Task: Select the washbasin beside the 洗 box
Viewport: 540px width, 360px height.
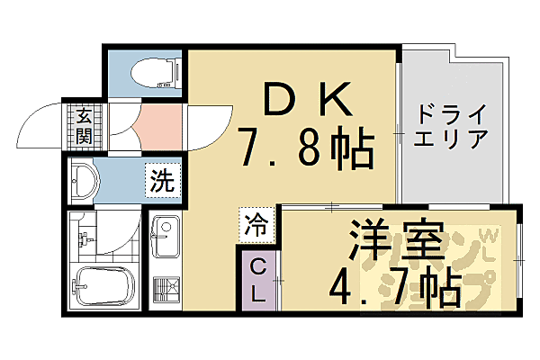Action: point(85,181)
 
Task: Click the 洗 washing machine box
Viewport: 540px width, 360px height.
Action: point(162,180)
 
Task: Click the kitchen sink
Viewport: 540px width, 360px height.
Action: point(166,238)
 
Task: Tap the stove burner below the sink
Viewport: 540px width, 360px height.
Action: point(166,289)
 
